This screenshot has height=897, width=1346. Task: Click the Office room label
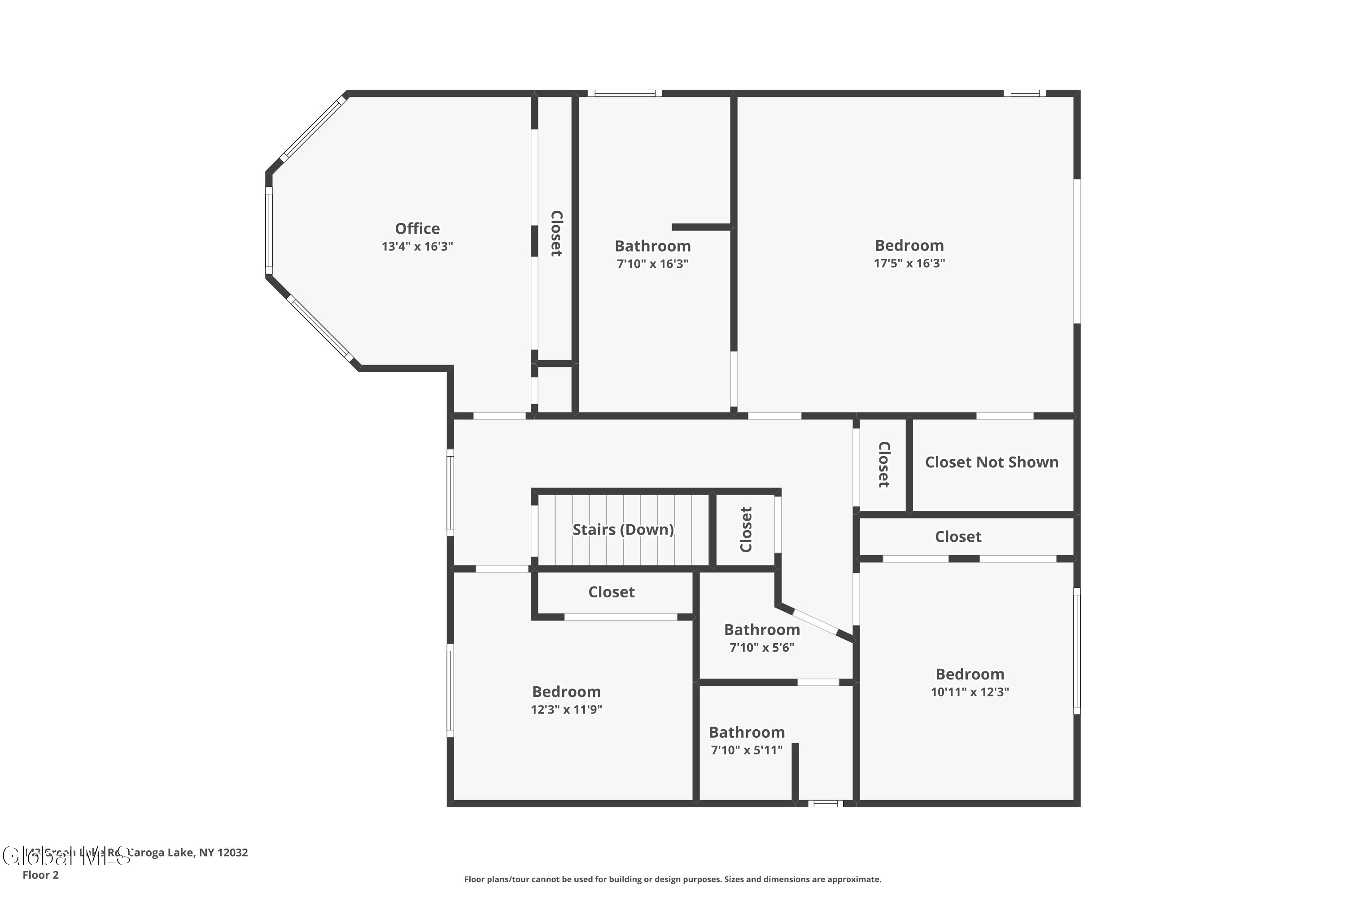coord(417,228)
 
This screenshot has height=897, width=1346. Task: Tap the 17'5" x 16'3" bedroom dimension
coord(909,263)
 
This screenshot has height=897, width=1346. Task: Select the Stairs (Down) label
coord(623,529)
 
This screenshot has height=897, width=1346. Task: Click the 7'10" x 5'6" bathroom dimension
coord(762,647)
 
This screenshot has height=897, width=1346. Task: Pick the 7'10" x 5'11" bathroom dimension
coord(746,749)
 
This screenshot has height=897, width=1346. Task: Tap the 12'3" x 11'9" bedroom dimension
coord(566,710)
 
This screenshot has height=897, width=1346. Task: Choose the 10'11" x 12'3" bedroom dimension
coord(970,691)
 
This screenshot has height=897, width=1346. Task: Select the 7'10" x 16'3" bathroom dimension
coord(652,264)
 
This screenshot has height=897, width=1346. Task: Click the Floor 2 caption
coord(40,874)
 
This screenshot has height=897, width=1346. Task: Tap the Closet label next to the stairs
coord(745,529)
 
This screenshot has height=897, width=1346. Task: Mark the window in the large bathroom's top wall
coord(625,93)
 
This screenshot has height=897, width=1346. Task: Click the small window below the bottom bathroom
coord(825,803)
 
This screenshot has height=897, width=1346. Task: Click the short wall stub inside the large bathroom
coord(701,227)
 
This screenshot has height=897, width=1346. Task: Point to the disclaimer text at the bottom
coord(673,879)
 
